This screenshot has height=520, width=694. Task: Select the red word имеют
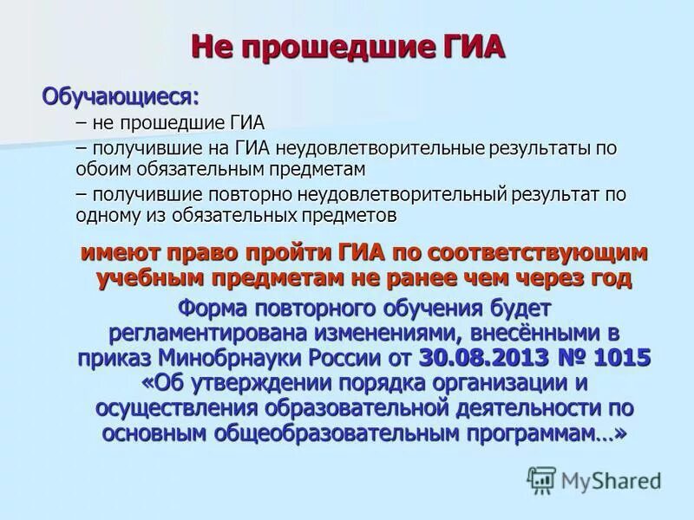pyautogui.click(x=118, y=254)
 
